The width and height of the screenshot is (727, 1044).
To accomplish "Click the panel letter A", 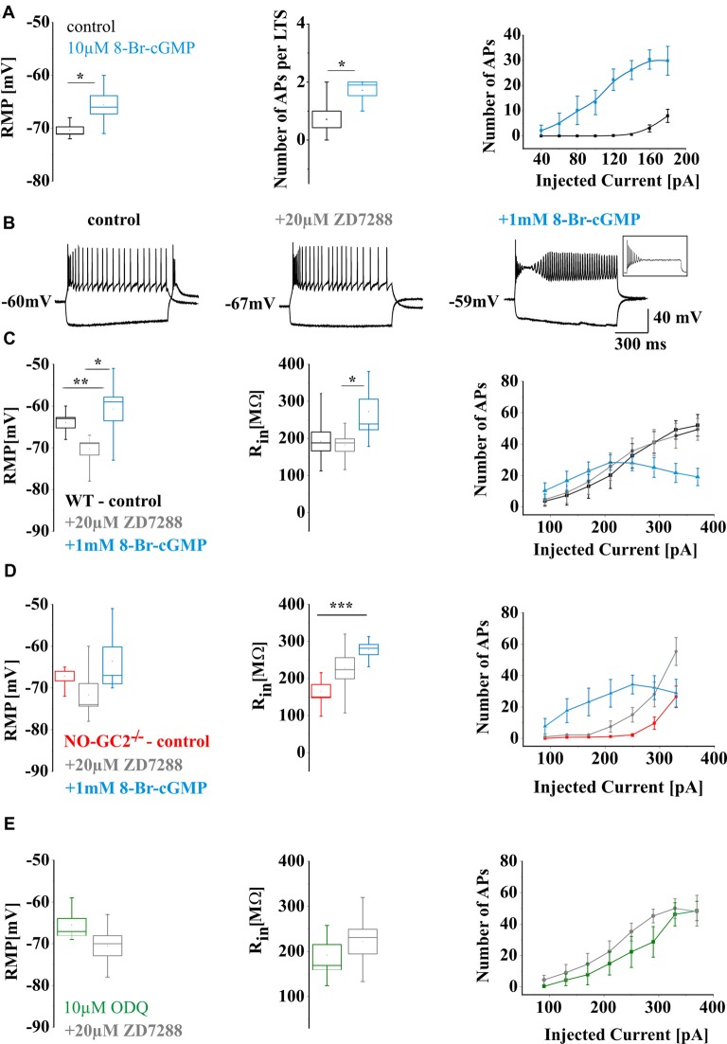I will click(x=9, y=9).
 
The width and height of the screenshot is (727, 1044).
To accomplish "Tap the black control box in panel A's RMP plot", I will click(x=70, y=130).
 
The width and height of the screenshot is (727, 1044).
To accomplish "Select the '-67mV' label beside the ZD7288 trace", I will click(x=247, y=306).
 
